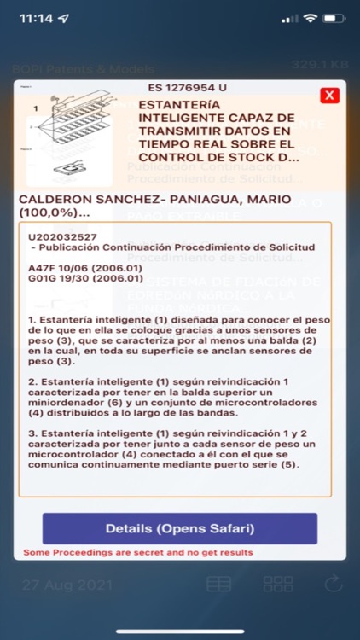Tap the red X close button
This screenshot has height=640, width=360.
tap(328, 96)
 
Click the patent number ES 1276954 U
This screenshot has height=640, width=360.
tap(187, 87)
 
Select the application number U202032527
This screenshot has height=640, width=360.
tap(62, 236)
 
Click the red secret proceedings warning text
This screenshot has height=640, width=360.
tap(137, 552)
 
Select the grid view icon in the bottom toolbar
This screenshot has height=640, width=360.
tap(278, 585)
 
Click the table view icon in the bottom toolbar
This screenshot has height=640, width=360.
tap(218, 585)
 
